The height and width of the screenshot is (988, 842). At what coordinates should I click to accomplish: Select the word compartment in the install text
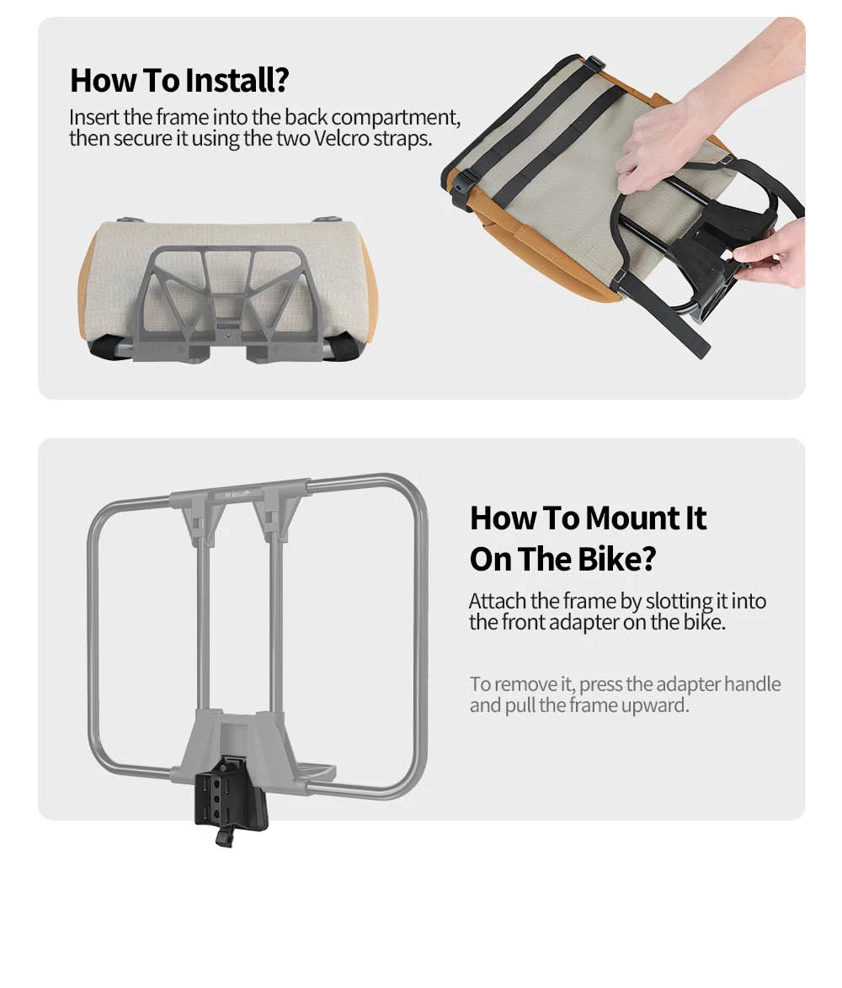[x=395, y=118]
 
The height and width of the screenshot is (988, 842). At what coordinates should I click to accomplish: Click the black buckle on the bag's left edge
[x=461, y=187]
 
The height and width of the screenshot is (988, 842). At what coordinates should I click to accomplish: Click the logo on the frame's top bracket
[x=237, y=494]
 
